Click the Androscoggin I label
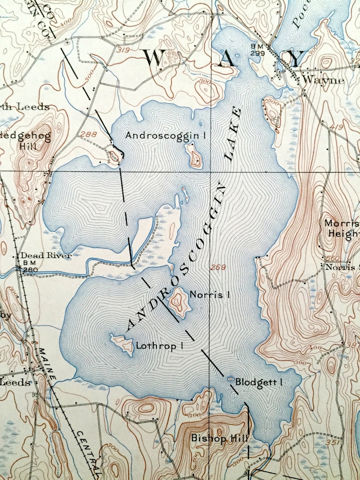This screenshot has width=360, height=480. coord(166,135)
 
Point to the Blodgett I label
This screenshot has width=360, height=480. coord(259,382)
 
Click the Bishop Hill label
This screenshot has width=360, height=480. coord(219,438)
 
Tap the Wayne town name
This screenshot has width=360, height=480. coord(323,80)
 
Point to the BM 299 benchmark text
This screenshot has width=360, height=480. coord(257,50)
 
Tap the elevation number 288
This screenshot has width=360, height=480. coord(87,134)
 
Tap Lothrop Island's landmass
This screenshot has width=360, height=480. coord(123,344)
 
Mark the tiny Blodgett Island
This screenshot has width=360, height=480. coord(230,378)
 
